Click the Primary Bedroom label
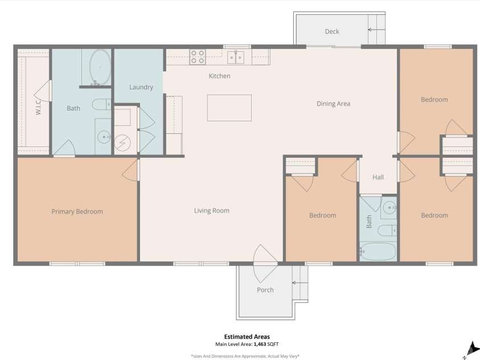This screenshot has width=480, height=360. (77, 211)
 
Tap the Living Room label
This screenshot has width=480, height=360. (211, 211)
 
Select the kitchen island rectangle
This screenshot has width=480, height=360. (229, 108)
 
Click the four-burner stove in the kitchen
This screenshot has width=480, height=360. (198, 57)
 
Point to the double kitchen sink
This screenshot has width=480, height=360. (236, 57)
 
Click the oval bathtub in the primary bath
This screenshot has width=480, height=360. (100, 67)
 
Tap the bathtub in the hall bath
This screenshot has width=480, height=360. (378, 251)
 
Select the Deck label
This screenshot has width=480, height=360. (332, 31)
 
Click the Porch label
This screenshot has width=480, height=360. (265, 290)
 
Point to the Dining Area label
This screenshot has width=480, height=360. (333, 104)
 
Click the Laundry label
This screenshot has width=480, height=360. (141, 87)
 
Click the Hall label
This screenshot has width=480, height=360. (378, 177)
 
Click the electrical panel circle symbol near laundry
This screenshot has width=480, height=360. (122, 142)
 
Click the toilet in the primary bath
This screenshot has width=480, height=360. (102, 104)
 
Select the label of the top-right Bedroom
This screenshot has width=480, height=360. (434, 100)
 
